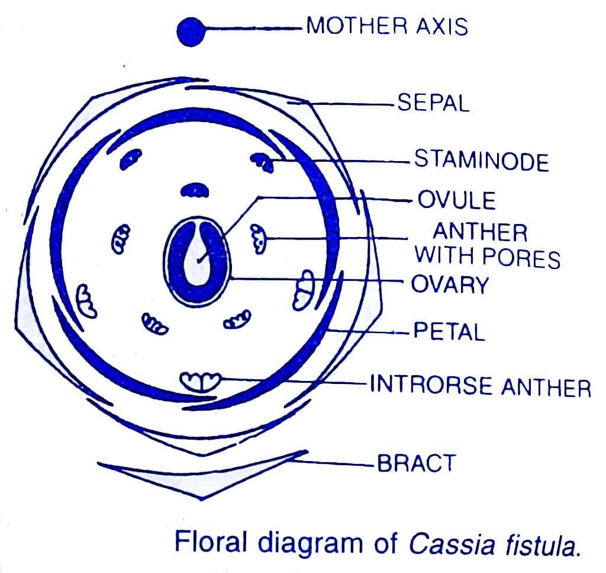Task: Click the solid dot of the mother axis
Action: (x=191, y=32)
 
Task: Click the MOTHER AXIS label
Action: (x=387, y=27)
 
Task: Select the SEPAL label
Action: (x=434, y=103)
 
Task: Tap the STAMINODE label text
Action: (x=482, y=161)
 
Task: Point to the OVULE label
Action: (x=457, y=200)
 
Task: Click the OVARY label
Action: (x=450, y=285)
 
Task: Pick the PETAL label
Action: (x=449, y=331)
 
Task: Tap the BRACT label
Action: (x=416, y=463)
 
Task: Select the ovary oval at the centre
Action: (x=197, y=261)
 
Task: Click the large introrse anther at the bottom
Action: (x=200, y=382)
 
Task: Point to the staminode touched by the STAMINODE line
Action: (x=262, y=161)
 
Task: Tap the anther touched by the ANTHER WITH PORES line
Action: (x=258, y=239)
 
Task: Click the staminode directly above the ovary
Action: (x=195, y=190)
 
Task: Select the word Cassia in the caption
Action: (x=452, y=543)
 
